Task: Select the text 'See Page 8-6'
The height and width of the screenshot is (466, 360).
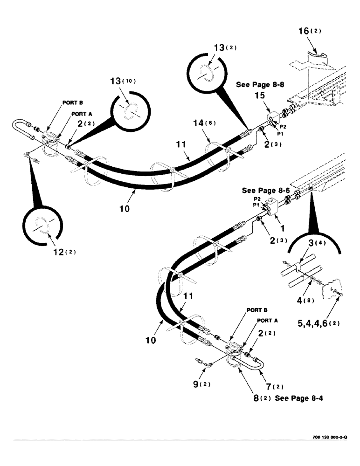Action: [262, 191]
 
